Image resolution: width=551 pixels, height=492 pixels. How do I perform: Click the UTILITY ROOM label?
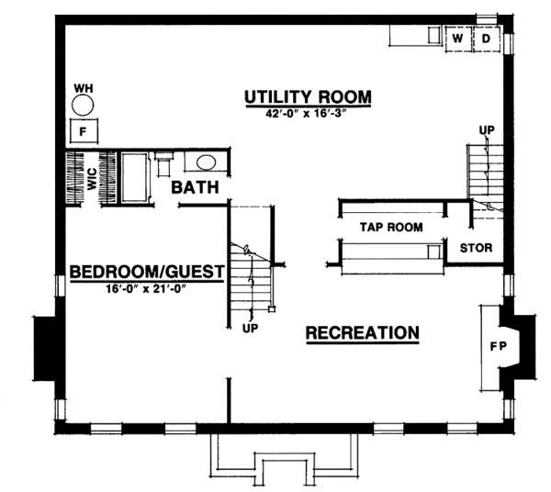pos(307,96)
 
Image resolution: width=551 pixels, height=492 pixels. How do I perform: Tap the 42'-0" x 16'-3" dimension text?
pos(307,114)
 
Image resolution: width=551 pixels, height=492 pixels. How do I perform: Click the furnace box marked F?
pos(84,130)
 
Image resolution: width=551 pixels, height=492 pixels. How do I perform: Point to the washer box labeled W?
pos(456,39)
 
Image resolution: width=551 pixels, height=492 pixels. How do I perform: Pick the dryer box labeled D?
pos(484,39)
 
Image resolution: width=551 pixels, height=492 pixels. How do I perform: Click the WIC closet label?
pos(92,176)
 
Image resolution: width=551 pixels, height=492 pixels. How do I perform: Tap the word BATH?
pos(195,188)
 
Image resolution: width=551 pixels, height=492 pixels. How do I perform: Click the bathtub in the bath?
pos(136,177)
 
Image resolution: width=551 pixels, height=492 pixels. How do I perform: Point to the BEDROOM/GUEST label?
pos(147,272)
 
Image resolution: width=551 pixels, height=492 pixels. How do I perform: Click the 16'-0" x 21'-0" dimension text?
pos(147,290)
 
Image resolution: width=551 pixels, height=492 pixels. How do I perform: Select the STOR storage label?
pos(476,248)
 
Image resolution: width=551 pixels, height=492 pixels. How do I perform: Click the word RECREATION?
pos(363,332)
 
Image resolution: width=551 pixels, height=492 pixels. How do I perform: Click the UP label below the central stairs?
pos(249,327)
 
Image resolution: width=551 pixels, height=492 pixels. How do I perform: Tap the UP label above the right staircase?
pos(486,129)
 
